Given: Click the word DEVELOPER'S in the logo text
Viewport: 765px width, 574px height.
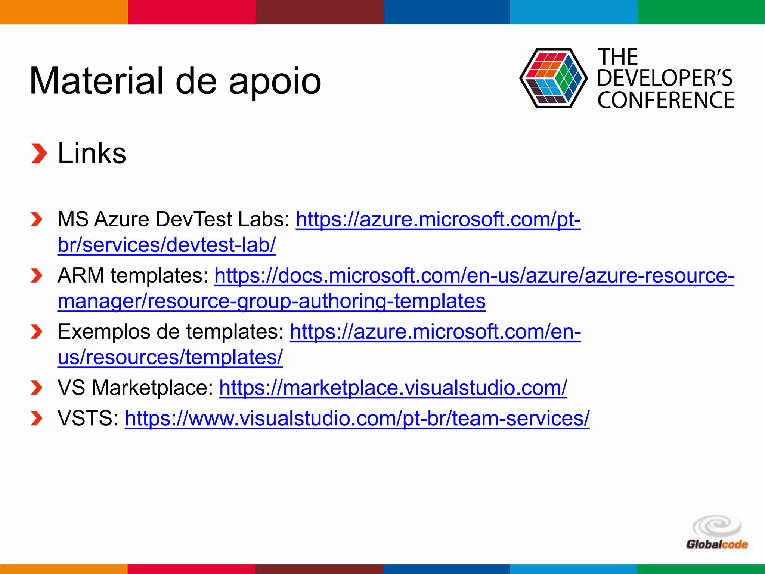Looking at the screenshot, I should tap(665, 78).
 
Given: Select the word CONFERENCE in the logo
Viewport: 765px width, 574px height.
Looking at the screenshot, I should tap(666, 100).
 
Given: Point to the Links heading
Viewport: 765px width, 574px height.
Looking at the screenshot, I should tap(92, 153).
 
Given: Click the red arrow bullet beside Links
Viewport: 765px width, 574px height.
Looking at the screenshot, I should tap(39, 153).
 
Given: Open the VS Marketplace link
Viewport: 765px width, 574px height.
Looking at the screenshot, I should tap(393, 388).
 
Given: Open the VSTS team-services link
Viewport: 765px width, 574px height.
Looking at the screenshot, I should tap(357, 418).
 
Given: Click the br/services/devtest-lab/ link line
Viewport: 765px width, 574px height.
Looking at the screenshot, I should tap(167, 245).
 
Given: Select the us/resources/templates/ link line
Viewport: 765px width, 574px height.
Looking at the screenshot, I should tap(170, 357).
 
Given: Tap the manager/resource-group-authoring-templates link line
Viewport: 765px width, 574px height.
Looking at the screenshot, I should tap(272, 301).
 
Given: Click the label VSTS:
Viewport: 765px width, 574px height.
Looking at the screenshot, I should tap(88, 418).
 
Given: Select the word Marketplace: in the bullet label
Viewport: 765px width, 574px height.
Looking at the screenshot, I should tap(152, 388).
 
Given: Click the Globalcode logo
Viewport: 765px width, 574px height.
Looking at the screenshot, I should tap(716, 533).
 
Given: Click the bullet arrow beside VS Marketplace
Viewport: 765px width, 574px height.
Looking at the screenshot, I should tap(36, 388).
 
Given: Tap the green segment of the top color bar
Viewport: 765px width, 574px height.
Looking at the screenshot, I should tap(701, 12).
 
